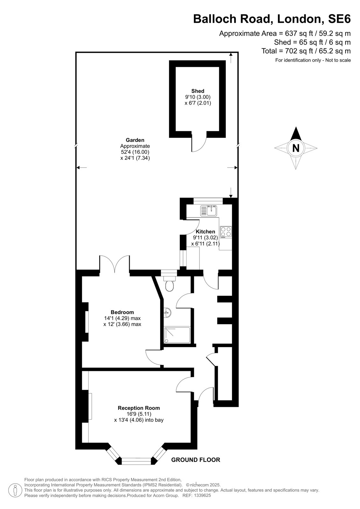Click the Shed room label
coord(198,91)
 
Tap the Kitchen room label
coord(205,232)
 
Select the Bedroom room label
coord(122,312)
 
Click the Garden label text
coord(135,140)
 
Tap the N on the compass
coord(296,148)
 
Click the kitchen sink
coord(209,210)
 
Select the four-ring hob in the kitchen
coord(226,232)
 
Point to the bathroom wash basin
coord(167,313)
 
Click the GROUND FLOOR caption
coord(195,460)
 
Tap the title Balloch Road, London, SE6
coord(272,19)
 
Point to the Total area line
coord(306,51)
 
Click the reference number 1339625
coord(202,495)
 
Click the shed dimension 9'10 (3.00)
coord(198,97)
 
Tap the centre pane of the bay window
coord(136,461)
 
